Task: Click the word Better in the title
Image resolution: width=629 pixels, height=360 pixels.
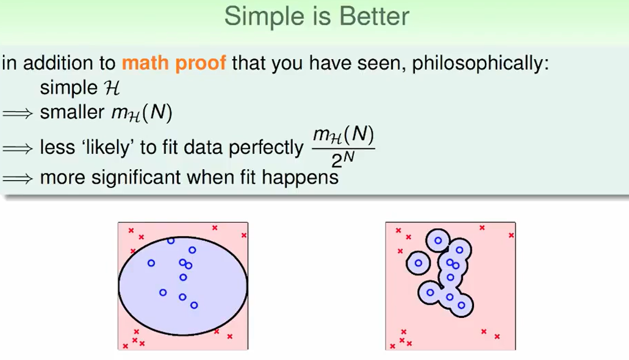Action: [374, 16]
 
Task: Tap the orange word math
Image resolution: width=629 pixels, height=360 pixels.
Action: [145, 63]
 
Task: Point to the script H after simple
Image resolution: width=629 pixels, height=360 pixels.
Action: [112, 88]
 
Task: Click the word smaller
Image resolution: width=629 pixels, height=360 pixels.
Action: [72, 112]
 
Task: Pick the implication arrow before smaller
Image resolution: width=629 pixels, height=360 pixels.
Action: [17, 113]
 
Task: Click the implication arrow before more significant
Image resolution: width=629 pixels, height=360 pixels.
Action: [17, 178]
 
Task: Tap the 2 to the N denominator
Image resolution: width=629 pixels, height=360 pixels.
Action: [343, 160]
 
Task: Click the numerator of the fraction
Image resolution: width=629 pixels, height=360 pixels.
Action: [343, 134]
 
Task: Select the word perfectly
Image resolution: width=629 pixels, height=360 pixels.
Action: [266, 148]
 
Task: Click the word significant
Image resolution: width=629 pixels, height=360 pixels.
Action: [136, 178]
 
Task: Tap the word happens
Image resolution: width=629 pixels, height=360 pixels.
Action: [300, 178]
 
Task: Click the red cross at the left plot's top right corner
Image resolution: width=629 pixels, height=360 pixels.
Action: [244, 235]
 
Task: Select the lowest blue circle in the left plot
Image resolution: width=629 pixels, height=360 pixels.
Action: [194, 306]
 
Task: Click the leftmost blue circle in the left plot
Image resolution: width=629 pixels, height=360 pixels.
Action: [151, 263]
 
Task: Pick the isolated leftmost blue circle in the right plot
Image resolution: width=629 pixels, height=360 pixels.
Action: [419, 263]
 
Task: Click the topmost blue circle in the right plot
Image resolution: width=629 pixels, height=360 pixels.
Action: [438, 241]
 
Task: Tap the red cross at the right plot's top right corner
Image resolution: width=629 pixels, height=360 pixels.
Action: [511, 235]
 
